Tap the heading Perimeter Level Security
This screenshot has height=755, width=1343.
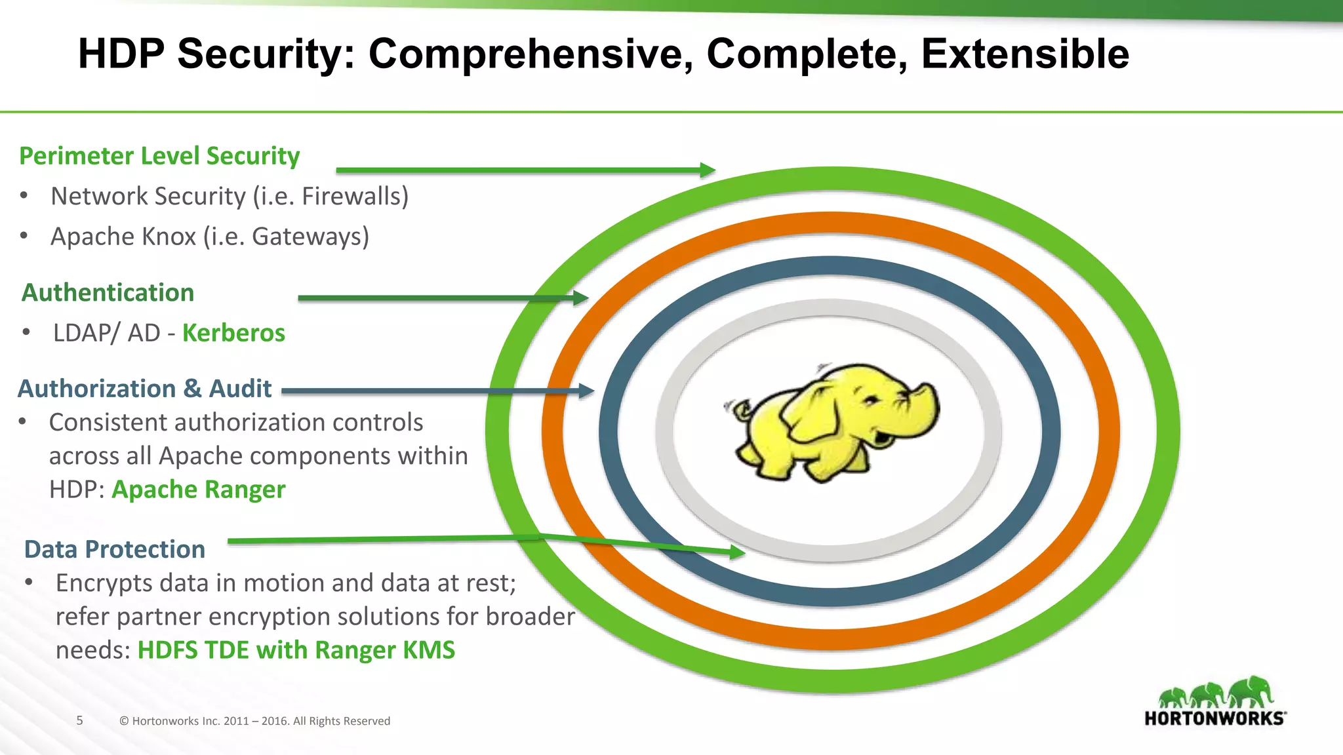click(x=159, y=156)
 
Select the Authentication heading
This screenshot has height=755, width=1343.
click(x=108, y=292)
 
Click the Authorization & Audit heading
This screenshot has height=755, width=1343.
click(x=144, y=389)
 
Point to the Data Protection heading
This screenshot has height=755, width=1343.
click(x=115, y=549)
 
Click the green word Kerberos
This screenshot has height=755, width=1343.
click(x=233, y=333)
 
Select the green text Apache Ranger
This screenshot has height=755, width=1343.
click(x=199, y=490)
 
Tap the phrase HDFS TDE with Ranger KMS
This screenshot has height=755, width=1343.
click(x=296, y=650)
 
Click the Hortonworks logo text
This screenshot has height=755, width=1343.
click(x=1214, y=718)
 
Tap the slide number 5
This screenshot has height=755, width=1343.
click(x=80, y=720)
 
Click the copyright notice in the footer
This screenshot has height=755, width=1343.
click(x=254, y=721)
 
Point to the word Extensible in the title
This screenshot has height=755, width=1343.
click(x=1025, y=54)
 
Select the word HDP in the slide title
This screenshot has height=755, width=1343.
click(x=121, y=54)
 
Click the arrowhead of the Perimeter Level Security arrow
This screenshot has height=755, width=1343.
click(x=708, y=170)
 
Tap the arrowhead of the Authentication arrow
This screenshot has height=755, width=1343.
click(x=581, y=298)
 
